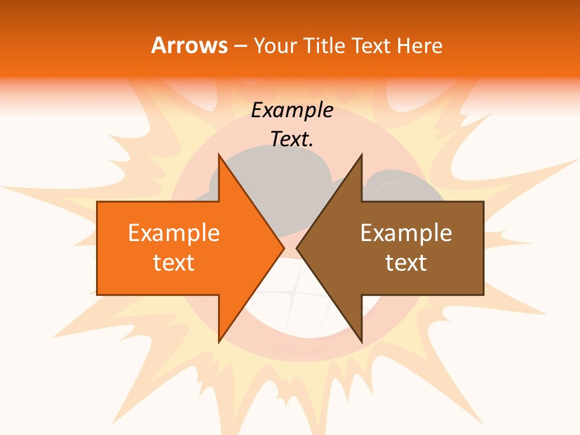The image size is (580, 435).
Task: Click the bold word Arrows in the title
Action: [x=189, y=45]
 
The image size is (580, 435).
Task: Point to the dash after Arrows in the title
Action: [x=240, y=47]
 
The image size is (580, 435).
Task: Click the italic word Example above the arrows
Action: [x=292, y=111]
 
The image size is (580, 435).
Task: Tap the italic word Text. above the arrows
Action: [x=292, y=140]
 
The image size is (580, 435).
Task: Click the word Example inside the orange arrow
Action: [x=173, y=233]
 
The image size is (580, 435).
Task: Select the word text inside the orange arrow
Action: [x=173, y=263]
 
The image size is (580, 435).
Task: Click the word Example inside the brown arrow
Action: [x=406, y=233]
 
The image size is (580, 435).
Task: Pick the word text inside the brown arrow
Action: [x=406, y=263]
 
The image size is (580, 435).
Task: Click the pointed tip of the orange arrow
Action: [x=283, y=248]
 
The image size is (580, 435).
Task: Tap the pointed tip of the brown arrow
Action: [x=298, y=248]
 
